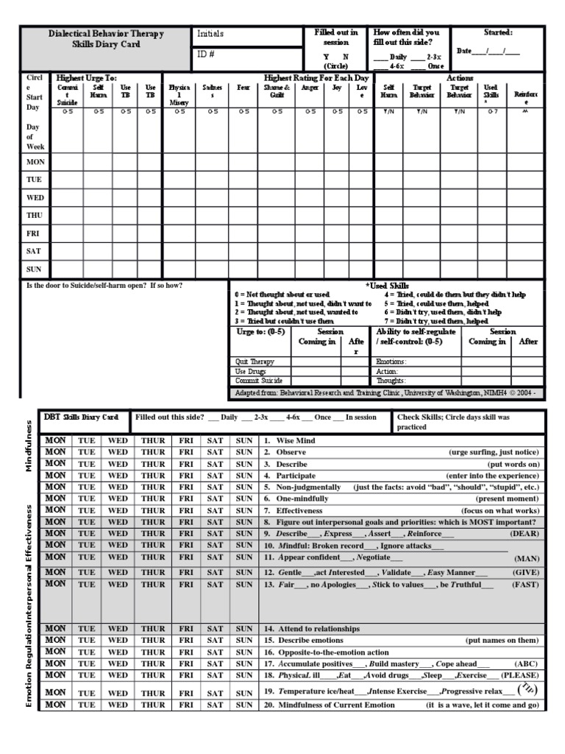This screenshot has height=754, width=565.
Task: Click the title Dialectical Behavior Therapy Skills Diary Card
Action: click(x=106, y=39)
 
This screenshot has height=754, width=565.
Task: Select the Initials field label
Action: click(x=210, y=34)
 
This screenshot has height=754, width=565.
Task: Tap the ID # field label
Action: click(x=205, y=54)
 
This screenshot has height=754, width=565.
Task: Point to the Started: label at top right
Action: click(x=498, y=32)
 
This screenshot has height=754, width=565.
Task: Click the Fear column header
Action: click(x=244, y=87)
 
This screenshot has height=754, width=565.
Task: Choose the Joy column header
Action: click(x=337, y=87)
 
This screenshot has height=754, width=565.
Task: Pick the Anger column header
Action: click(x=310, y=87)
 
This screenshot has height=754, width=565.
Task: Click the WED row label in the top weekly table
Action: click(x=35, y=197)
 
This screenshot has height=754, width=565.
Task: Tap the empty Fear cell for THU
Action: click(x=244, y=215)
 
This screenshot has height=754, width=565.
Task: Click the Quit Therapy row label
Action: click(x=255, y=362)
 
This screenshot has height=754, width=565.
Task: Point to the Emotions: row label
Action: click(x=391, y=362)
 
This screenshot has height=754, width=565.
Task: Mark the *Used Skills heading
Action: click(x=388, y=285)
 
